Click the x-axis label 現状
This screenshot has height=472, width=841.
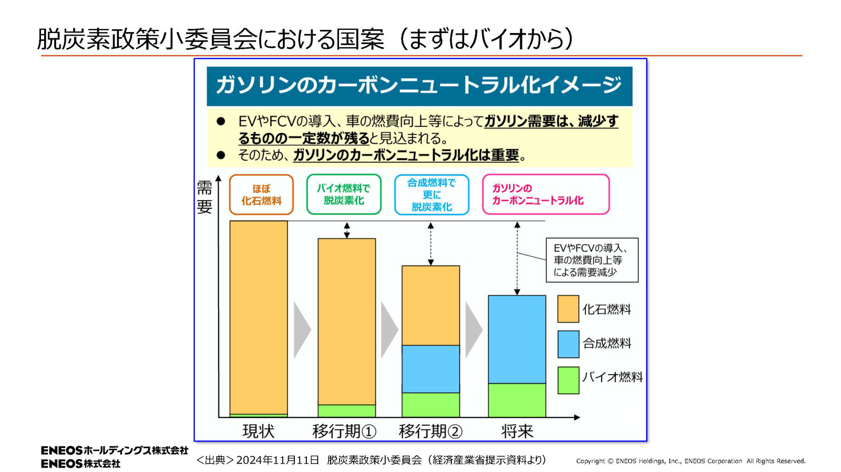click(x=258, y=431)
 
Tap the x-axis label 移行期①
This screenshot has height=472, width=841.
click(x=344, y=431)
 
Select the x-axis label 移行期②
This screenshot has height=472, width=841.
click(x=430, y=431)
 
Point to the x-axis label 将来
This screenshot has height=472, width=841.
click(x=517, y=431)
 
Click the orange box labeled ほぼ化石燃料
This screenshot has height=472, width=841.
click(x=261, y=195)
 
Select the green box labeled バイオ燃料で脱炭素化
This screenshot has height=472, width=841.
click(x=344, y=194)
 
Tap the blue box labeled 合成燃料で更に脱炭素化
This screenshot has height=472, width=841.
click(x=432, y=195)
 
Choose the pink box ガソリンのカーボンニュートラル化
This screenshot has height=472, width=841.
click(x=546, y=194)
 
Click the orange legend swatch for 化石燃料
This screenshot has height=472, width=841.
click(x=568, y=309)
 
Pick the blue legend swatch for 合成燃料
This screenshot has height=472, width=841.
click(x=568, y=344)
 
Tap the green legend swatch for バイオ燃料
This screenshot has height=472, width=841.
click(x=568, y=380)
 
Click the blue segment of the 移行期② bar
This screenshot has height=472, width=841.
click(x=430, y=369)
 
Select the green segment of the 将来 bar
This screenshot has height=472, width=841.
click(x=517, y=400)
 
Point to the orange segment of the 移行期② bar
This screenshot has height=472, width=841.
click(x=430, y=305)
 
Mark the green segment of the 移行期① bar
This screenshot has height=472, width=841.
click(x=346, y=411)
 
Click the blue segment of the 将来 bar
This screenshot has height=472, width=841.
click(x=517, y=339)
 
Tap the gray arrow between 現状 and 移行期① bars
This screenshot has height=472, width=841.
click(x=302, y=330)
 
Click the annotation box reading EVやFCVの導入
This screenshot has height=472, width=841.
click(x=592, y=260)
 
